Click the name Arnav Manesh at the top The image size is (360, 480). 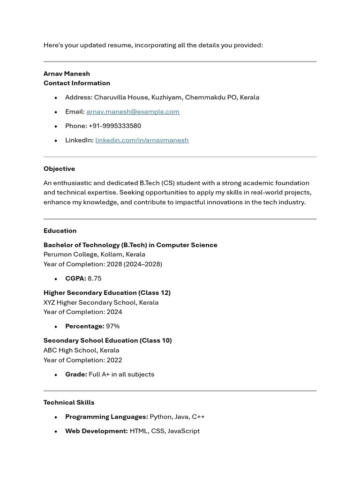67,74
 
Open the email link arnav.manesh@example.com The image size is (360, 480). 133,112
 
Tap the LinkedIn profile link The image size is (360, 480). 142,140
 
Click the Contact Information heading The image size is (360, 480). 77,83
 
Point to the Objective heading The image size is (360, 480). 59,169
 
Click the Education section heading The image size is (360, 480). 60,231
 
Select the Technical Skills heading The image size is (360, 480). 69,403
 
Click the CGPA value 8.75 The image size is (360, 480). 94,278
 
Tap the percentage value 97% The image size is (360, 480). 112,326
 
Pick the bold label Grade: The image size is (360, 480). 76,375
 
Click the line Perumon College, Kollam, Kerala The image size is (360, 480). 94,255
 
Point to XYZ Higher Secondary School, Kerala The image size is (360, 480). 101,302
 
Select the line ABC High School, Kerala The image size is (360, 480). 81,350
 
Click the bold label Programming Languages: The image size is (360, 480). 106,417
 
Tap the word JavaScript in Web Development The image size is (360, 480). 184,431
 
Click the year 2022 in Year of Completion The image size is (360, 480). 114,360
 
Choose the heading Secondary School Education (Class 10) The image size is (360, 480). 107,341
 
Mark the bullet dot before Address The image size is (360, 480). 56,97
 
